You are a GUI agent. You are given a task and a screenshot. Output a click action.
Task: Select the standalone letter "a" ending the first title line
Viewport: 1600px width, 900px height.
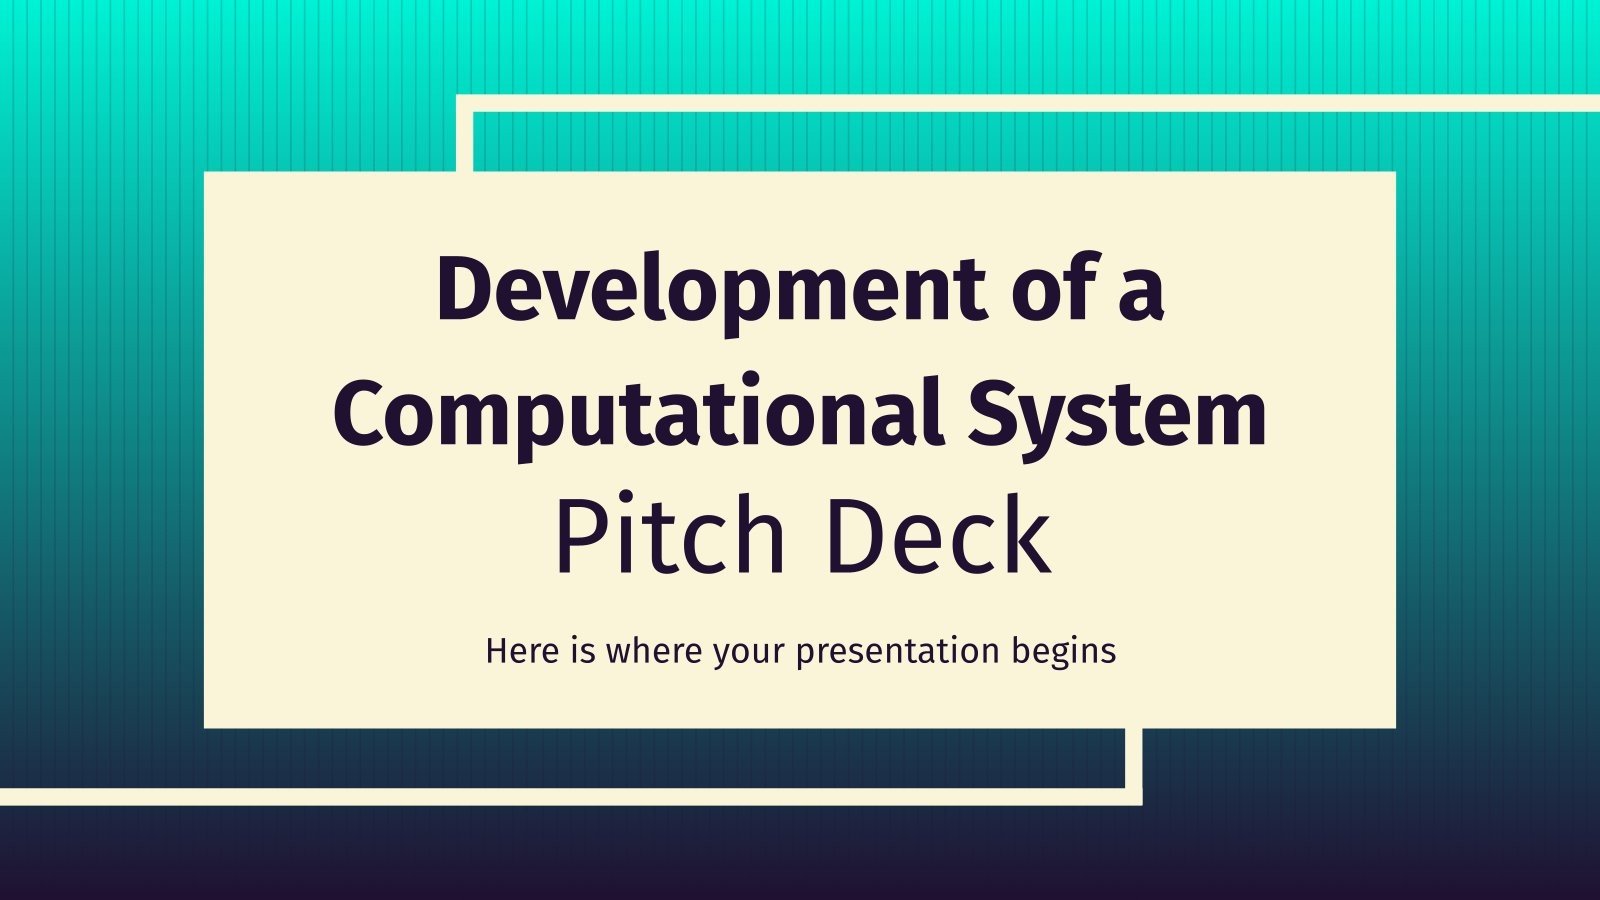coord(1141,295)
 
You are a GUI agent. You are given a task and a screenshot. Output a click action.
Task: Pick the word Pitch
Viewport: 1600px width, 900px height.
coord(670,534)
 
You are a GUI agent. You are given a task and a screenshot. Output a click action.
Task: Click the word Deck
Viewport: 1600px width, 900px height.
coord(939,534)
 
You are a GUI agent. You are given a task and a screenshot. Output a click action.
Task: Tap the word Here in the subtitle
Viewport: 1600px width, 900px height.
coord(522,651)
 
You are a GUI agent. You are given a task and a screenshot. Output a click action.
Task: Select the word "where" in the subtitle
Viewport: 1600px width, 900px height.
coord(654,651)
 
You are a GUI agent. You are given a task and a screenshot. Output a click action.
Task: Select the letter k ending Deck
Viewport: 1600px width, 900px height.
coord(1030,533)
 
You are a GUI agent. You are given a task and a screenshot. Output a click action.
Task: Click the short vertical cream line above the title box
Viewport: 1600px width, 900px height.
coord(464,141)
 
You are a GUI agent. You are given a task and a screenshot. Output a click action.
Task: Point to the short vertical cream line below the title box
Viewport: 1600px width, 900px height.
coord(1134,759)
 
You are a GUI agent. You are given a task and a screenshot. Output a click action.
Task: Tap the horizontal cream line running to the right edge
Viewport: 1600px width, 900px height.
coord(1028,103)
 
